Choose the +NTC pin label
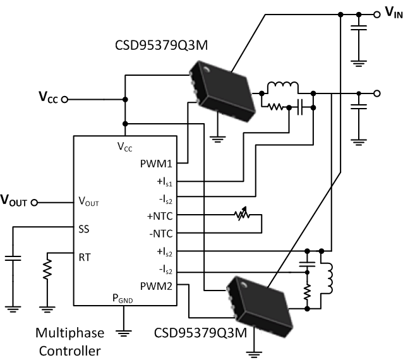pos(161,217)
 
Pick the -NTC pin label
pos(162,234)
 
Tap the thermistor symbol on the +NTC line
pos(240,216)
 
